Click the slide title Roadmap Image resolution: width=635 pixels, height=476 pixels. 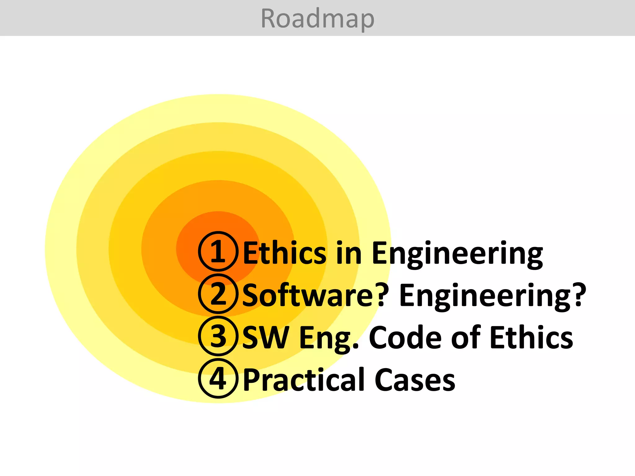pyautogui.click(x=317, y=19)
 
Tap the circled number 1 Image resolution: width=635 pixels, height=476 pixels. pyautogui.click(x=218, y=251)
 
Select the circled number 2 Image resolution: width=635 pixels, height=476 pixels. pyautogui.click(x=218, y=294)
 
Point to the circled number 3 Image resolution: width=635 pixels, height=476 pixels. pyautogui.click(x=218, y=336)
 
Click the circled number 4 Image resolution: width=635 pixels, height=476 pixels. pyautogui.click(x=218, y=378)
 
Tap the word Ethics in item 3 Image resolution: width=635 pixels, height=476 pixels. pyautogui.click(x=531, y=337)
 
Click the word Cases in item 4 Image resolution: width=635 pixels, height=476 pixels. pyautogui.click(x=415, y=380)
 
